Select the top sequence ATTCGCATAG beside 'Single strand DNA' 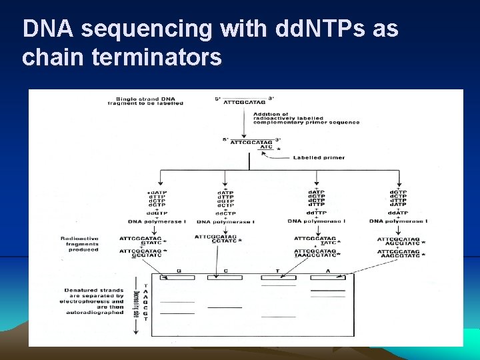[x=244, y=103]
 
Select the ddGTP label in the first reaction [x=156, y=213]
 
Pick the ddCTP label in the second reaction [x=225, y=213]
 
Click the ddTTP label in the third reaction [x=316, y=213]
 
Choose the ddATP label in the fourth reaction [x=398, y=213]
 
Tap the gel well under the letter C [x=225, y=277]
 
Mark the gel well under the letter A [x=327, y=277]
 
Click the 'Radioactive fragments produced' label [x=79, y=244]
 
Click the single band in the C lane [x=225, y=307]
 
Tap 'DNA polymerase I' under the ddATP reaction [x=398, y=221]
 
